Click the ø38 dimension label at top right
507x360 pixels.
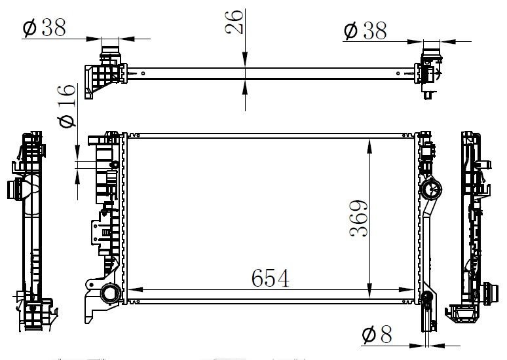pos(365,30)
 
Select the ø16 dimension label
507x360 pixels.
pos(67,105)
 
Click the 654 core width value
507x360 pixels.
pos(270,279)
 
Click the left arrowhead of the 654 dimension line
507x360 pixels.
pos(132,289)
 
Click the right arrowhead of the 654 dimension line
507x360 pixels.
pos(411,289)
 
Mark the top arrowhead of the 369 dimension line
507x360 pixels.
pos(371,143)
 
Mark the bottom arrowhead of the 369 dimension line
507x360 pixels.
pos(371,298)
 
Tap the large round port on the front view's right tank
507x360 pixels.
pos(432,190)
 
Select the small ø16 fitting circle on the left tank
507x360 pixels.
pos(114,164)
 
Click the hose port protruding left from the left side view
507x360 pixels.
pos(13,189)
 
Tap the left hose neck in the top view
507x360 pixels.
pos(110,51)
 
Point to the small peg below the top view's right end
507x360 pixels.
pos(428,96)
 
